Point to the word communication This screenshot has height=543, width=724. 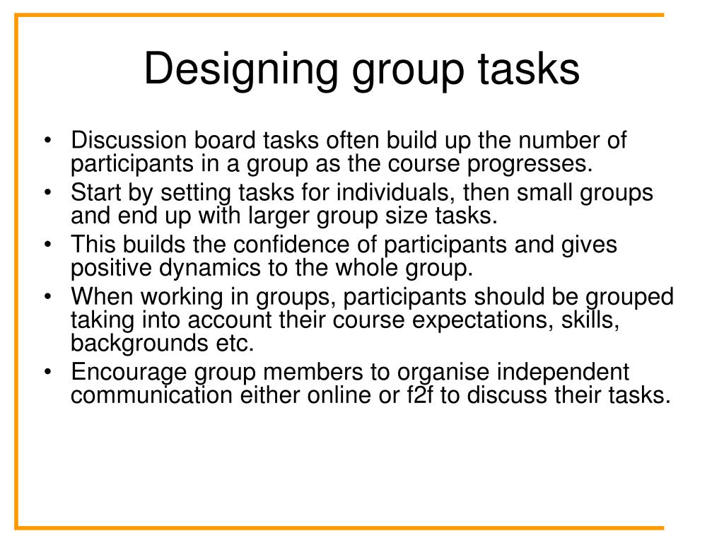[151, 395]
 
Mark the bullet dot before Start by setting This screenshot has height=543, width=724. [47, 193]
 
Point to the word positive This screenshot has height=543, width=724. [113, 269]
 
